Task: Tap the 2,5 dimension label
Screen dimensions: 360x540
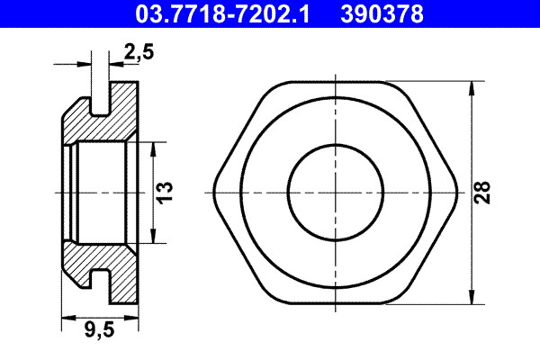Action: (x=136, y=54)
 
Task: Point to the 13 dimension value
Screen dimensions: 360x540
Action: (x=166, y=192)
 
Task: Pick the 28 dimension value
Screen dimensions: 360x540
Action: (x=484, y=192)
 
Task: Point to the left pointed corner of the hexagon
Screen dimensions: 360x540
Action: (x=214, y=192)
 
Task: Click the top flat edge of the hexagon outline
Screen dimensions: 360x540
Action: (x=334, y=83)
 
